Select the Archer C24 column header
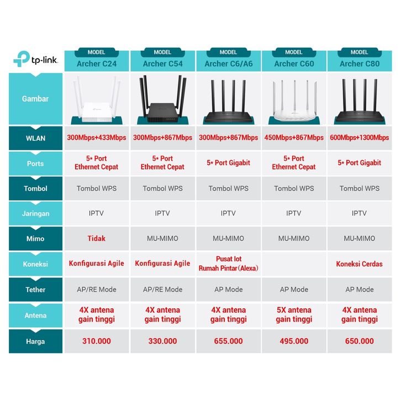pos(97,64)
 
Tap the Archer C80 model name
pos(359,64)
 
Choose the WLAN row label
pos(35,138)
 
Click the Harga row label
pos(35,341)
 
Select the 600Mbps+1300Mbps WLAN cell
pos(359,138)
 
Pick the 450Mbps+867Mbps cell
pos(293,138)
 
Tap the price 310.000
pos(97,341)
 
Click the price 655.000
pos(228,341)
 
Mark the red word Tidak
pos(97,239)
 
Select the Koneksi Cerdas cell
pos(359,264)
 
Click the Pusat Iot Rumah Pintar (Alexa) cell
pos(228,264)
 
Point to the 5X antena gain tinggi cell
pos(293,315)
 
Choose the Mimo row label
pos(35,239)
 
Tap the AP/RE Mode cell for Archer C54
pos(162,289)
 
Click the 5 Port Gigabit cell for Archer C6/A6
pos(228,163)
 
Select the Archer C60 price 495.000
pos(293,341)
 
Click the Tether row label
pos(35,289)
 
